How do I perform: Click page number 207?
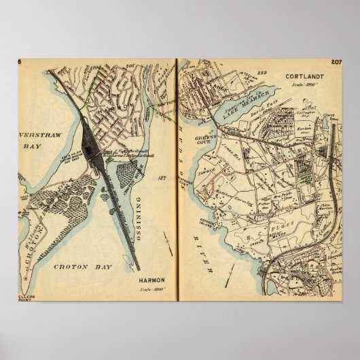coord(336,62)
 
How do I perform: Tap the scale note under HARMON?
coord(150,289)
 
